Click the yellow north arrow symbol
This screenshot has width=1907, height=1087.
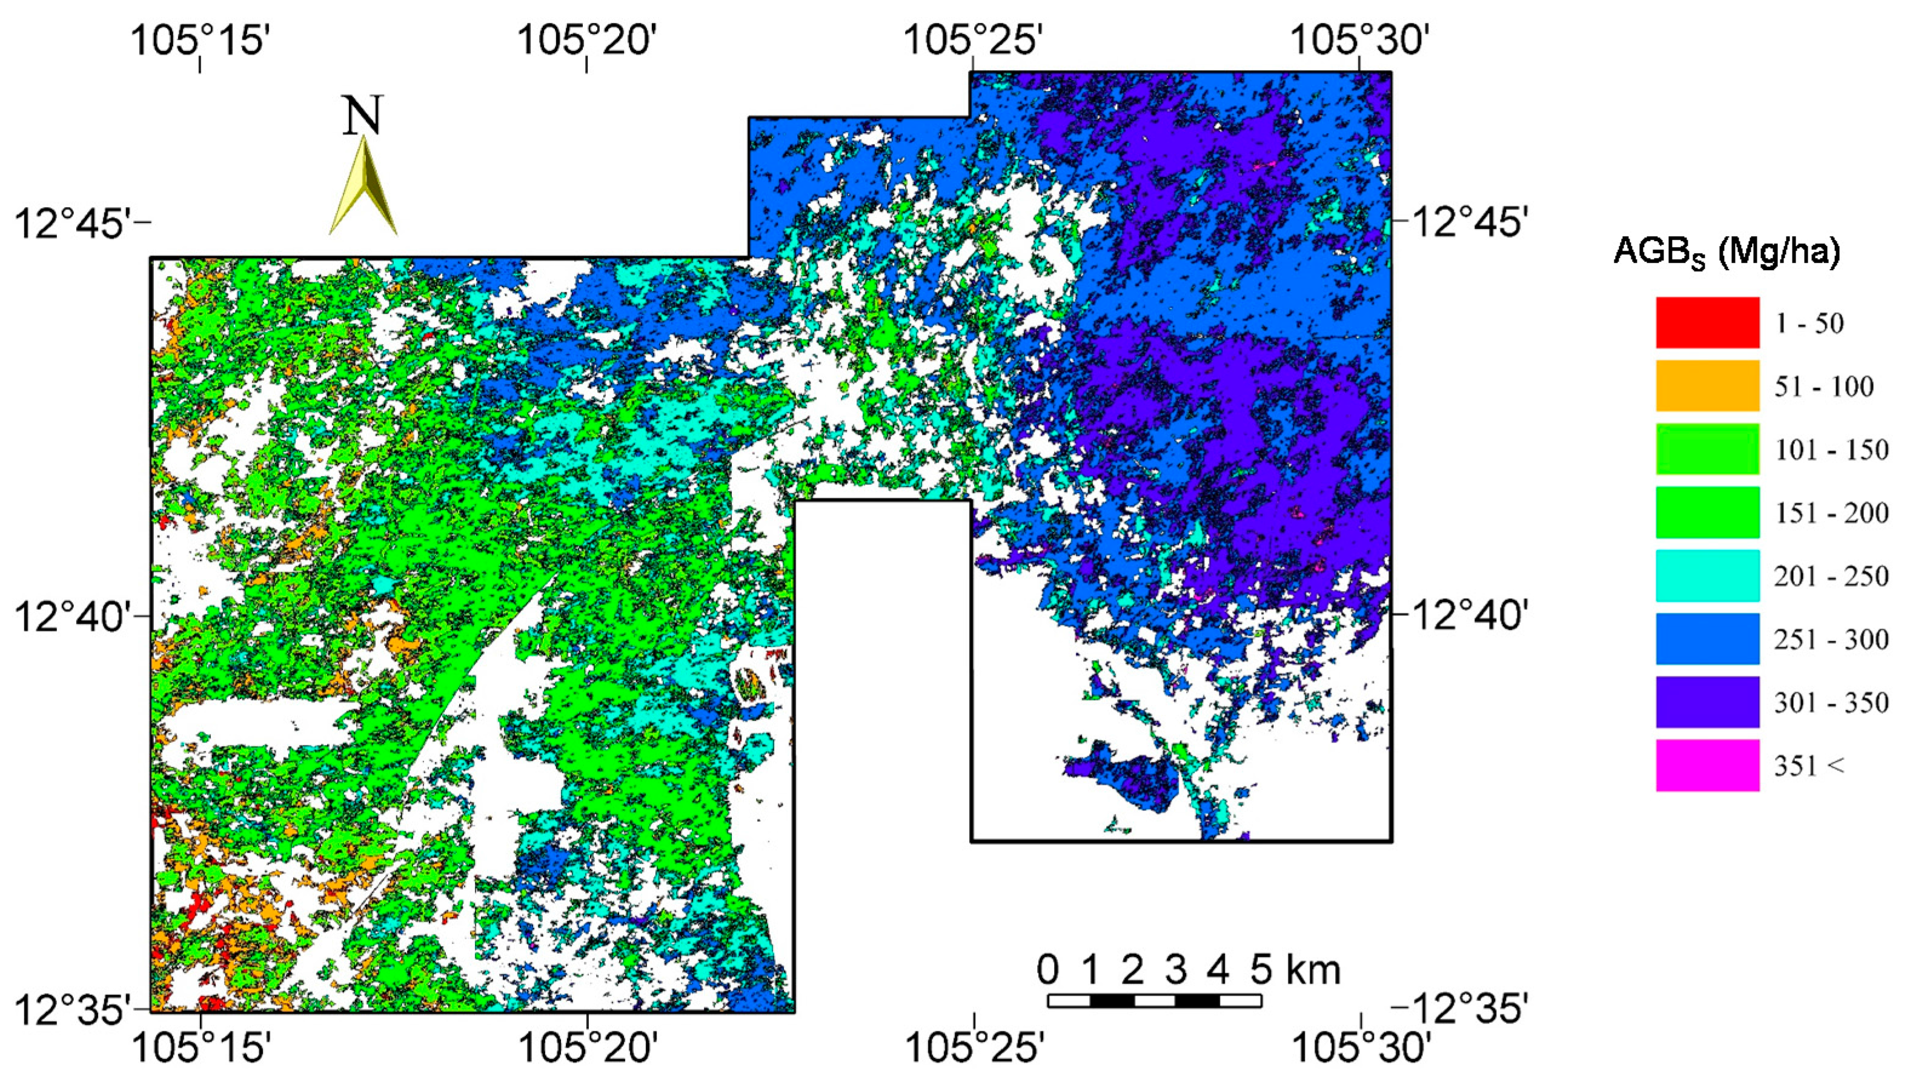pos(363,187)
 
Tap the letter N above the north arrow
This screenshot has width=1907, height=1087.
pos(363,116)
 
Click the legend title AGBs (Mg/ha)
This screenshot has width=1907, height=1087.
pos(1726,253)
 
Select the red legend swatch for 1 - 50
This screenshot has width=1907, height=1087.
pos(1707,323)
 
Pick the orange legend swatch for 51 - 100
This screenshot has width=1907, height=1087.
pos(1707,386)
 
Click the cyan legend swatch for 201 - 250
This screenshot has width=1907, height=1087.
pos(1707,576)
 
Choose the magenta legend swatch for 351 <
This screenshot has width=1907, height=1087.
pos(1707,765)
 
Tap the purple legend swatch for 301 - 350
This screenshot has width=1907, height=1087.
pos(1707,702)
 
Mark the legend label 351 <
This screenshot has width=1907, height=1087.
pos(1810,765)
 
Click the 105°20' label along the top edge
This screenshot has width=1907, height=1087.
pos(586,39)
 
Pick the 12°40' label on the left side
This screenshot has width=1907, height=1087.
pos(71,618)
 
